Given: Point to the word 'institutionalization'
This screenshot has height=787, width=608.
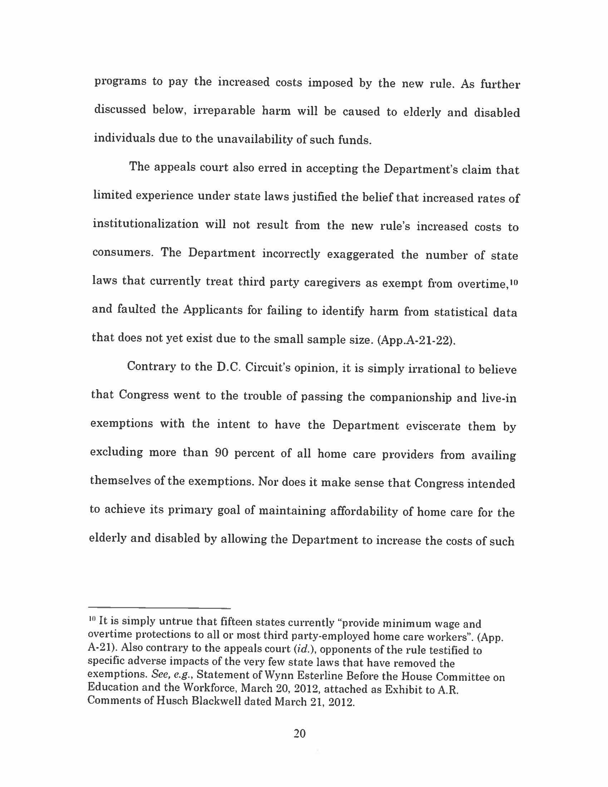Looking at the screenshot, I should (x=146, y=224).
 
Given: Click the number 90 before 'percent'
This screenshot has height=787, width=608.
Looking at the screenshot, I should (x=222, y=453).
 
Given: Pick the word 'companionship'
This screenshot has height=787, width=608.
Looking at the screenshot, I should (x=410, y=397).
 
